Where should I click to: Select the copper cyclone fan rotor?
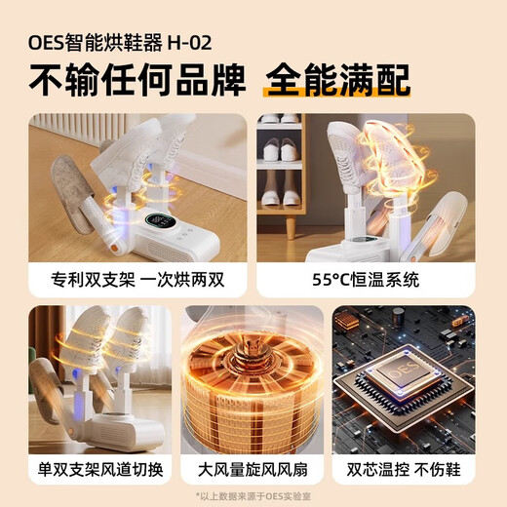252,390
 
